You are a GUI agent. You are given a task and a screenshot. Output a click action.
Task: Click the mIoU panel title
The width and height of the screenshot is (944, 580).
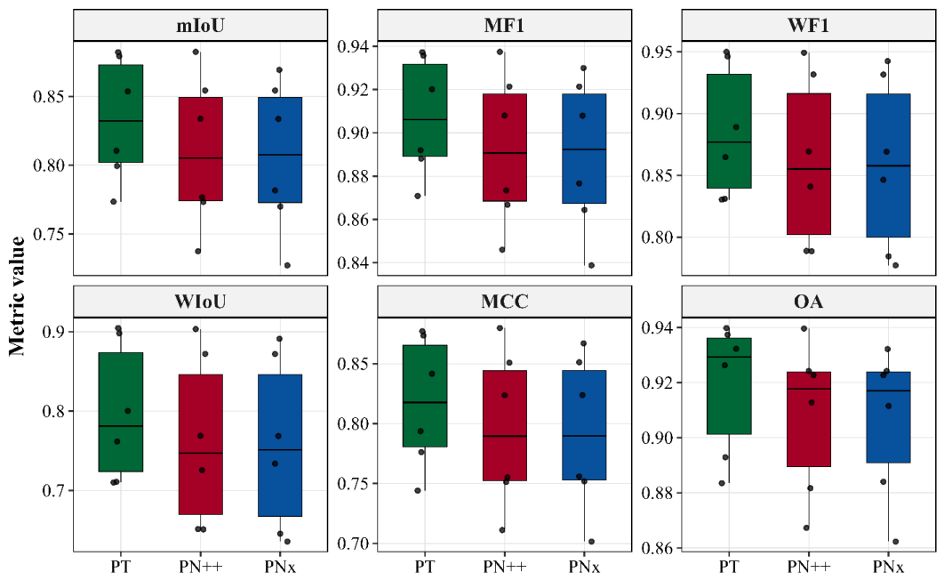pyautogui.click(x=201, y=25)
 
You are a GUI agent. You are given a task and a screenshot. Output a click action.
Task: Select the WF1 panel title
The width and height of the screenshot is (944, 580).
pyautogui.click(x=808, y=25)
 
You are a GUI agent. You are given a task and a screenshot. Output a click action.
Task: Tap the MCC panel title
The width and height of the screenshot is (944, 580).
pyautogui.click(x=505, y=302)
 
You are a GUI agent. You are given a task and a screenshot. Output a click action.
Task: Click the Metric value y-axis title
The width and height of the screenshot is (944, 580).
pyautogui.click(x=18, y=295)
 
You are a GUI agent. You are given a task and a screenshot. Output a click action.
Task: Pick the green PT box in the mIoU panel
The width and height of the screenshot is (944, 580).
pyautogui.click(x=120, y=113)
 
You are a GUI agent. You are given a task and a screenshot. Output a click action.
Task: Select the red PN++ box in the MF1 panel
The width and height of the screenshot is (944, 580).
pyautogui.click(x=505, y=148)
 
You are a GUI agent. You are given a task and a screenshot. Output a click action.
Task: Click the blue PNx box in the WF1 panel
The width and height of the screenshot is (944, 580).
pyautogui.click(x=888, y=165)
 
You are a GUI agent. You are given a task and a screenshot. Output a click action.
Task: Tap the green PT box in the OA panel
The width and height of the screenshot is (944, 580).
pyautogui.click(x=729, y=386)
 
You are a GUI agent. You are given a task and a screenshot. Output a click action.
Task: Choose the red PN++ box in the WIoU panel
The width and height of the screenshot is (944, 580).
pyautogui.click(x=201, y=445)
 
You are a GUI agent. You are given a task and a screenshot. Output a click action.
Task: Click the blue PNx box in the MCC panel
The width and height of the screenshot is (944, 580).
pyautogui.click(x=584, y=425)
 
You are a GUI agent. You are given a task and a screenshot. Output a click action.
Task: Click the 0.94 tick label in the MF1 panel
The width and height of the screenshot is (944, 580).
pyautogui.click(x=354, y=46)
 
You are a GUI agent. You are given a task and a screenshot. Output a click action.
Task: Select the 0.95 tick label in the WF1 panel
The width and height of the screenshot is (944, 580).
pyautogui.click(x=658, y=52)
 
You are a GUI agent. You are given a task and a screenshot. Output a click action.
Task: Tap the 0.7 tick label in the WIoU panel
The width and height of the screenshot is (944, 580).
pyautogui.click(x=55, y=491)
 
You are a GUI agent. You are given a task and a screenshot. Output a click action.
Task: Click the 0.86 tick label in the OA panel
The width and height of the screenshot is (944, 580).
pyautogui.click(x=658, y=549)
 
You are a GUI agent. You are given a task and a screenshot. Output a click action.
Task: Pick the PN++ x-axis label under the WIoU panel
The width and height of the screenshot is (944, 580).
pyautogui.click(x=201, y=567)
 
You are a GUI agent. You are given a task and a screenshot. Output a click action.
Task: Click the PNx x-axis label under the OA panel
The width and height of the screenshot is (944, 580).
pyautogui.click(x=888, y=567)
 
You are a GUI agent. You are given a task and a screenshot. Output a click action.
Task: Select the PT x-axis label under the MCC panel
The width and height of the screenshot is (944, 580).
pyautogui.click(x=424, y=567)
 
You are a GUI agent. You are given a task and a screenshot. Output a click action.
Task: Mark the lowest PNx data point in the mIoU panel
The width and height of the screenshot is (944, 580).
pyautogui.click(x=287, y=265)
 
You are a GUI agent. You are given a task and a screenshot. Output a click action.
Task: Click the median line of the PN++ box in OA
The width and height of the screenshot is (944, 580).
pyautogui.click(x=808, y=389)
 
